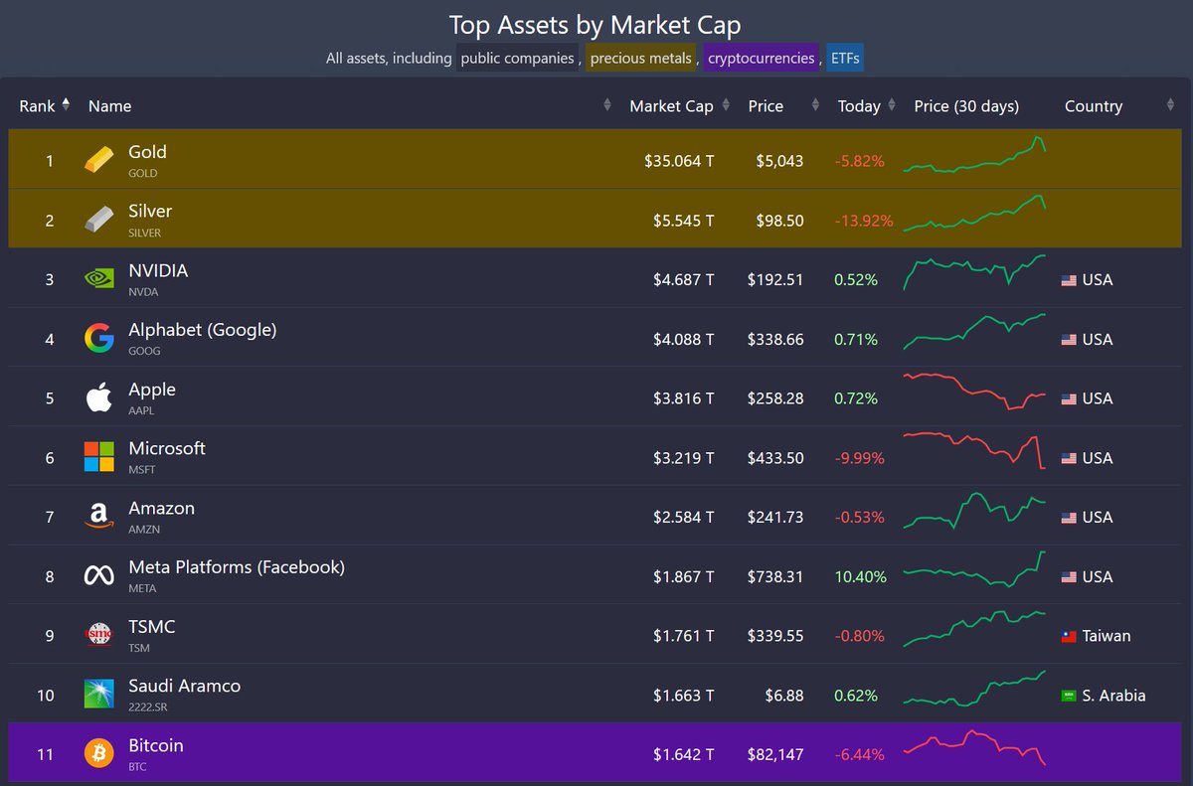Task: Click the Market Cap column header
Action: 671,106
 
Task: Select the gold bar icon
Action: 98,160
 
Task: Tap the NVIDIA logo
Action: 98,279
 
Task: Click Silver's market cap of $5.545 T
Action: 678,221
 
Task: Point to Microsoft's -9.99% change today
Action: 860,458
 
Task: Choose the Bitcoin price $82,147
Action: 774,754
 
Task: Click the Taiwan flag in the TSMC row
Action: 1069,637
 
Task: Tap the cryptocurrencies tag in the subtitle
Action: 761,59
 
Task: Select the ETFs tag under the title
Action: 845,59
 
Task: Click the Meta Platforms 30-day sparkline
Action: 974,570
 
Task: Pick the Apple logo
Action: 98,398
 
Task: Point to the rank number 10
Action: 46,695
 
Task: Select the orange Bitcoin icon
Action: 98,753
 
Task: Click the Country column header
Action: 1093,106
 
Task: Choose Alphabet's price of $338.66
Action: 774,339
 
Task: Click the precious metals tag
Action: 640,59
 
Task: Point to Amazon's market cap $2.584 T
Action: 678,517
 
